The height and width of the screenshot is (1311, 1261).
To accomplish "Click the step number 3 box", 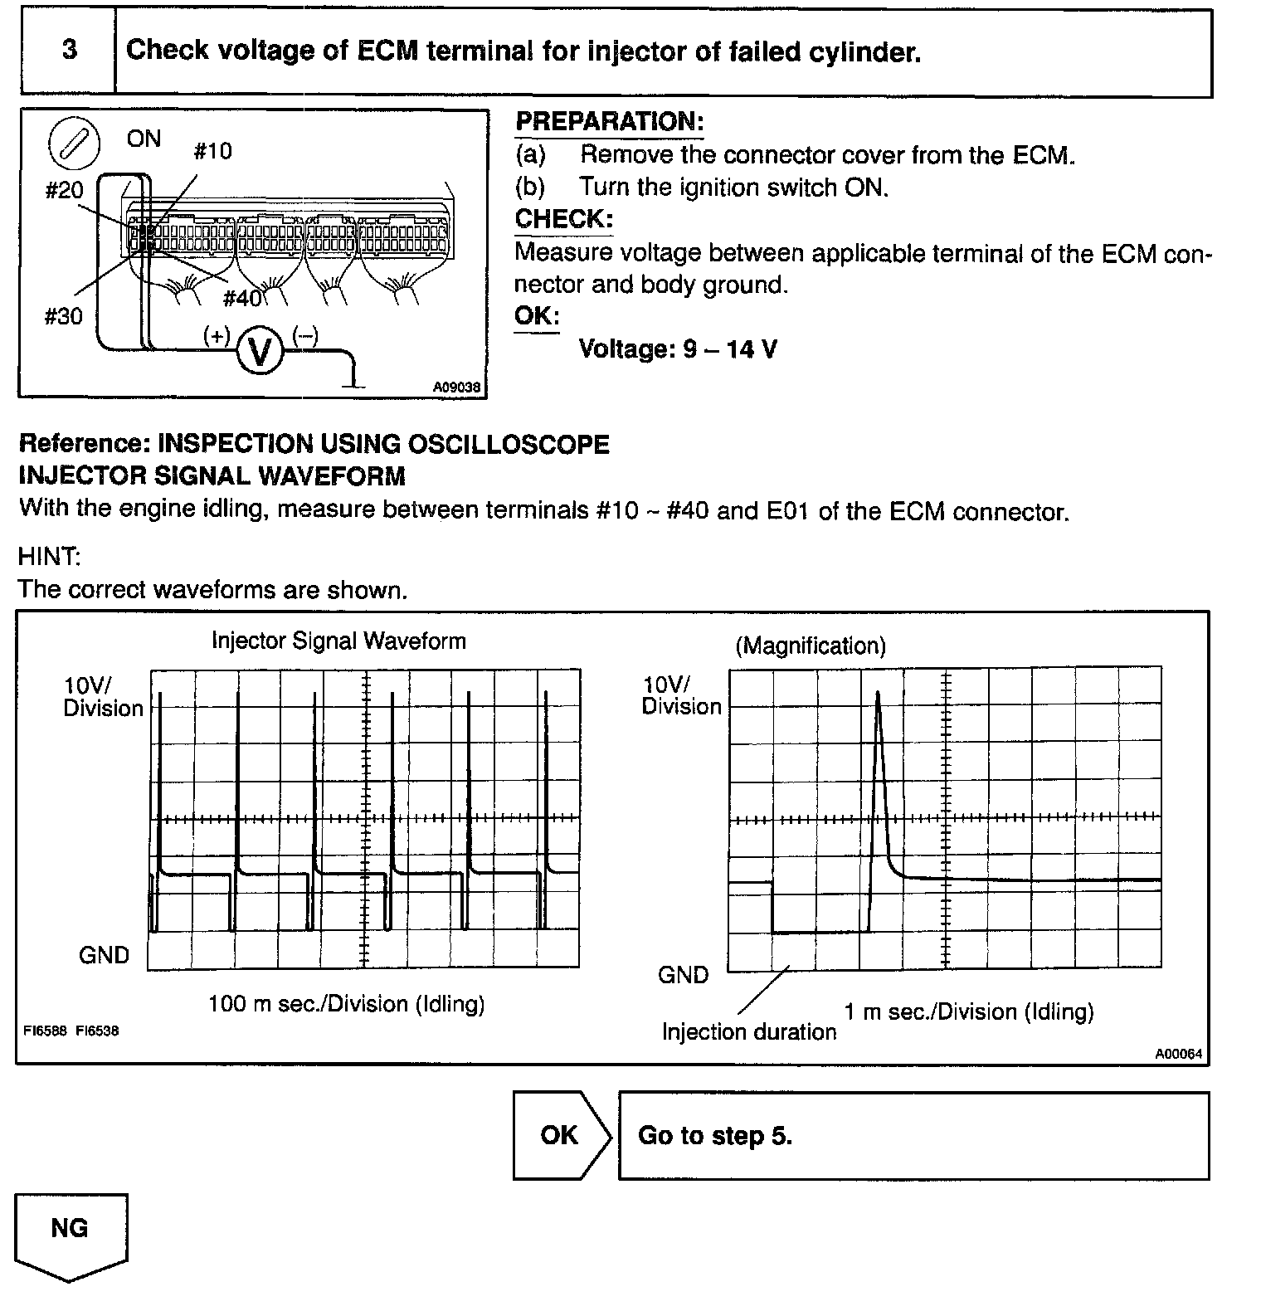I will tap(70, 51).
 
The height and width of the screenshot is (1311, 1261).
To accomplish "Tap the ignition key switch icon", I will tap(75, 144).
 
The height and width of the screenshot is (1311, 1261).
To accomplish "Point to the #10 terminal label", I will tap(212, 151).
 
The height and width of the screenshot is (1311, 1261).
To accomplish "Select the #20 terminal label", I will tap(64, 191).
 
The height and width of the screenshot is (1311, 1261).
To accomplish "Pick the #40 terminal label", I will tap(242, 298).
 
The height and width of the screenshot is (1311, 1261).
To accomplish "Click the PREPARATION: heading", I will tap(610, 122).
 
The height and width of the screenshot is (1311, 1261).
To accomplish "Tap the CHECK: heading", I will tap(564, 219).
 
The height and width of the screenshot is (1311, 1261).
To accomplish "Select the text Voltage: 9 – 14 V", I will tap(677, 348).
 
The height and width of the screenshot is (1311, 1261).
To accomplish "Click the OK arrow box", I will tap(561, 1135).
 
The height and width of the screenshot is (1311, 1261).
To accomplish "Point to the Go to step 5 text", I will tap(715, 1135).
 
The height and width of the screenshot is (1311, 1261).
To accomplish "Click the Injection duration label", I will tap(749, 1032).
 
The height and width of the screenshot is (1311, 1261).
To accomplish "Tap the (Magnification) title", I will tap(811, 646).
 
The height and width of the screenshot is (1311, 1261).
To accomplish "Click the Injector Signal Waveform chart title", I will tap(338, 641).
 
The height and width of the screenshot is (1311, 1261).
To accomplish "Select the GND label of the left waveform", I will tap(105, 955).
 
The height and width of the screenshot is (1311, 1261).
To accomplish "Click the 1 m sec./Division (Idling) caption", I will tap(969, 1011).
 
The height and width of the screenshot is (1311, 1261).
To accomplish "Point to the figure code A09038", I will tap(456, 387).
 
